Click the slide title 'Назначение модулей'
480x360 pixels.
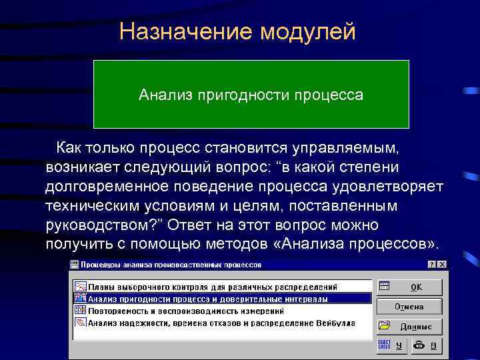click(x=237, y=31)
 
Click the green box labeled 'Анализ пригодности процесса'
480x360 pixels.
click(x=251, y=94)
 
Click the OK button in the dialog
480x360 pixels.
click(x=409, y=287)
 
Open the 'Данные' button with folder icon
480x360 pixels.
click(x=409, y=326)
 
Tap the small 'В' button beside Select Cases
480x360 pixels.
click(x=426, y=345)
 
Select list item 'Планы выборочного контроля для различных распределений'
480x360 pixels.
click(x=213, y=287)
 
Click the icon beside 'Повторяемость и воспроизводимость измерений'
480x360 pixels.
click(x=79, y=311)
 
